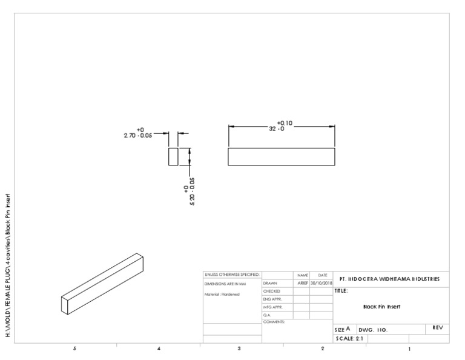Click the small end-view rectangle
pos(173,156)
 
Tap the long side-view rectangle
pos(281,156)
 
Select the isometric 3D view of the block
pos(102,284)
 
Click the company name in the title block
pos(389,280)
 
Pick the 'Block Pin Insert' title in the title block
pos(381,307)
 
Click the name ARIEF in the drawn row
pos(302,283)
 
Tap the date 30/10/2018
pos(321,283)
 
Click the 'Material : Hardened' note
pos(222,294)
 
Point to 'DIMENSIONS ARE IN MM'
pos(225,283)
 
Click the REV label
pos(438,327)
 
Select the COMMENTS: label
pos(274,322)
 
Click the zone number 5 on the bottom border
pos(74,349)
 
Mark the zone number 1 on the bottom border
pos(409,349)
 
